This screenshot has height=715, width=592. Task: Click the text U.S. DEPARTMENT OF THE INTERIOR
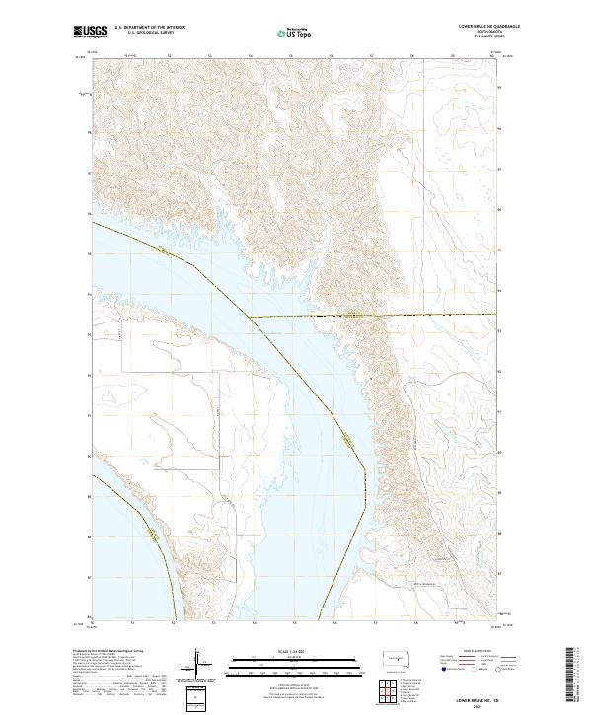pos(149,28)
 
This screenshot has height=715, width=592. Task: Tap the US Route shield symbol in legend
pos(469,668)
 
